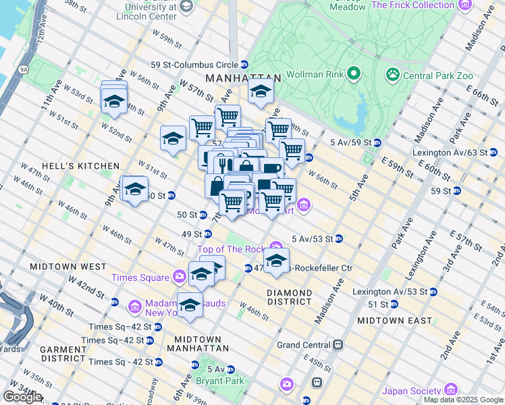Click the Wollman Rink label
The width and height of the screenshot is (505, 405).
(x=315, y=74)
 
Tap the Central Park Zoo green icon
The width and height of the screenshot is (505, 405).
(x=392, y=74)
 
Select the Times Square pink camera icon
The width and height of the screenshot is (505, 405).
(x=180, y=276)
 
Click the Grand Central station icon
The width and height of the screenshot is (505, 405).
(x=337, y=345)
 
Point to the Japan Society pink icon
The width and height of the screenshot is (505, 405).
(x=451, y=389)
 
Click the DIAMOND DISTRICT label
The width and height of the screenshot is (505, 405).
(x=289, y=297)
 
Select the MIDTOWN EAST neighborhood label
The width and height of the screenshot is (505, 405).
(x=394, y=321)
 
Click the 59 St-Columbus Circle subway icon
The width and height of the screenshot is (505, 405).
(x=244, y=65)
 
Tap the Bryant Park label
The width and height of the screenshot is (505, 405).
(x=211, y=381)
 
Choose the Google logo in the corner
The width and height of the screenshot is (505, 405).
(x=22, y=397)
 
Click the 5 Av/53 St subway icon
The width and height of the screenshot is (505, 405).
(x=339, y=238)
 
